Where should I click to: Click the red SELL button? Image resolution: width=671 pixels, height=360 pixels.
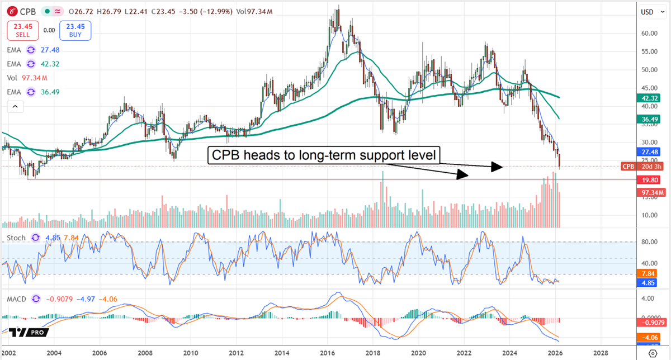[23, 30]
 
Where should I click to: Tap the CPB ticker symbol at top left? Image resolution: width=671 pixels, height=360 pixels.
[26, 11]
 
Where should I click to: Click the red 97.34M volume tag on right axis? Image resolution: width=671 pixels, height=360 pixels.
[650, 192]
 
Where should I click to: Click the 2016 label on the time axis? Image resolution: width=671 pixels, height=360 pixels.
[328, 353]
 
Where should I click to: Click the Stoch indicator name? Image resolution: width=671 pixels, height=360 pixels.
[16, 238]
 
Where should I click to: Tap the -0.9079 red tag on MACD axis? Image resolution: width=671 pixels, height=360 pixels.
[650, 323]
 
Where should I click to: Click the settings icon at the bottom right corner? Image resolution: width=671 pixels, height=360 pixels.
[652, 353]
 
